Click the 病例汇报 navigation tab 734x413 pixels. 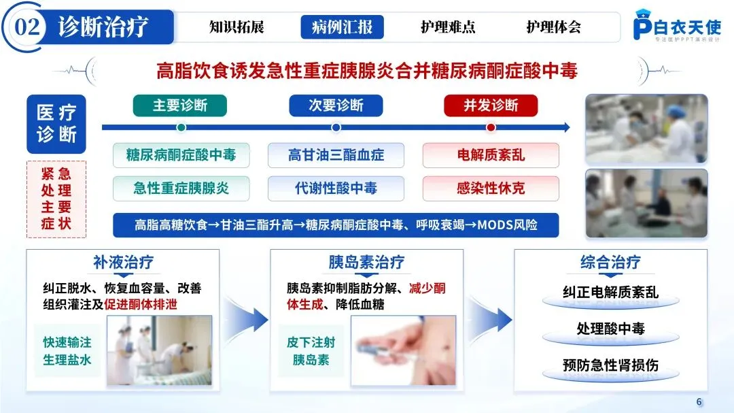coord(342,27)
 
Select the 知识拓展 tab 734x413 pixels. coord(236,27)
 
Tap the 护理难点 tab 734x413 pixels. coord(448,27)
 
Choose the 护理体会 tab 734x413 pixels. coord(553,27)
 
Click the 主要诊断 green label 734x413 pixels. coord(180,105)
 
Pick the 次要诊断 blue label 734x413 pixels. coord(336,105)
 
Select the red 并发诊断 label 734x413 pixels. coord(491,105)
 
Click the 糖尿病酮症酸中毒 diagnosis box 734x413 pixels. coord(181,155)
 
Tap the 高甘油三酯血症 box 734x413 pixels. coord(336,155)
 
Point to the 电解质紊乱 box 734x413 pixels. coord(491,155)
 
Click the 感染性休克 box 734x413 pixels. coord(491,188)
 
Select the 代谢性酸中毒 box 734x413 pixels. coord(336,188)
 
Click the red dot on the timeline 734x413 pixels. coord(491,127)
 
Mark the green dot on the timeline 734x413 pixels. coord(181,127)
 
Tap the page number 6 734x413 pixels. coord(699,400)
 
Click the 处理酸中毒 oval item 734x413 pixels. coord(610,329)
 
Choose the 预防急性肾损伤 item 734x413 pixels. coord(610,365)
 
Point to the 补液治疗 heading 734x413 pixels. coord(124,262)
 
